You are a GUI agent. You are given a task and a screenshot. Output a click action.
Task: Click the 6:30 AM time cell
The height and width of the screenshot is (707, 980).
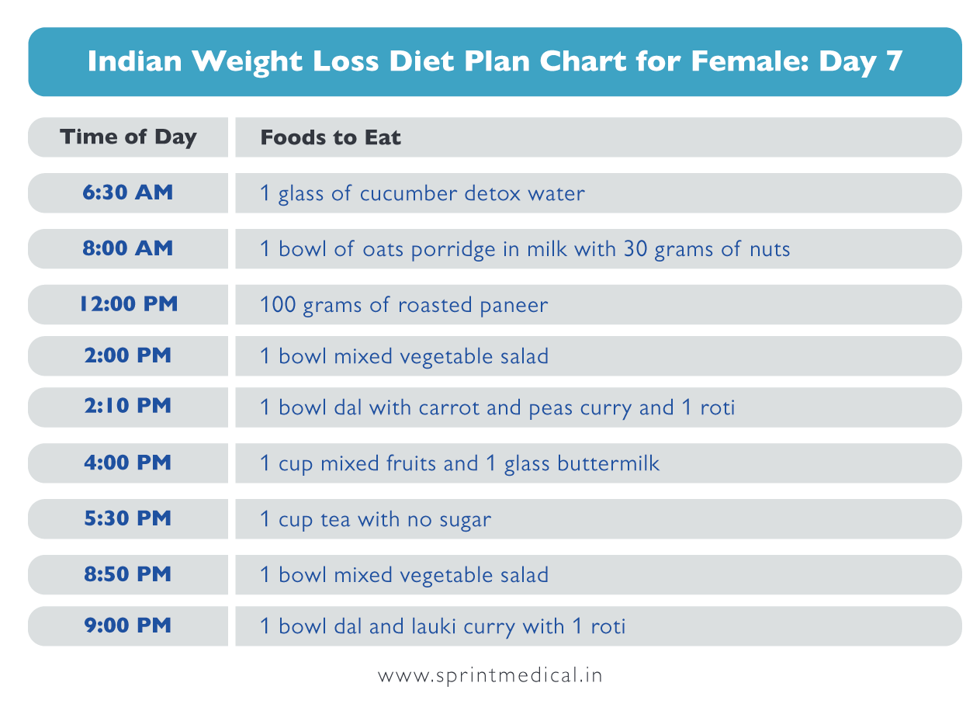click(x=128, y=192)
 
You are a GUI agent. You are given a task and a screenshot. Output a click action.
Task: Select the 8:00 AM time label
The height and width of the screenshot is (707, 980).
click(x=128, y=248)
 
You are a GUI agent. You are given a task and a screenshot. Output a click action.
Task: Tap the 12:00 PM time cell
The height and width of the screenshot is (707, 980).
click(x=128, y=304)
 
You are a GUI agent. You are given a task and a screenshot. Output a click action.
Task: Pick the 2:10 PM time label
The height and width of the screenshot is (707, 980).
click(x=128, y=407)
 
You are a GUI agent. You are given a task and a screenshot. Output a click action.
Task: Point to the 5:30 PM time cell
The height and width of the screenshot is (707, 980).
click(x=128, y=518)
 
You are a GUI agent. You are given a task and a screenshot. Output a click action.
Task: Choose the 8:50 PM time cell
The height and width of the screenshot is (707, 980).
click(x=128, y=574)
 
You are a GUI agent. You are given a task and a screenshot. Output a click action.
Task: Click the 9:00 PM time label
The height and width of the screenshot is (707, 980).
click(x=128, y=626)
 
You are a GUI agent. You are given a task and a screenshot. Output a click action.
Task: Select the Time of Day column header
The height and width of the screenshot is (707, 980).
click(x=128, y=137)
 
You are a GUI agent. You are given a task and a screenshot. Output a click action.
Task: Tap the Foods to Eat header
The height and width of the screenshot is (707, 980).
click(x=331, y=138)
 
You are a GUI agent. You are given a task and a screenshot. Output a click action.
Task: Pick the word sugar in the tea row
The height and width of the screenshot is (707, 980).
click(x=467, y=520)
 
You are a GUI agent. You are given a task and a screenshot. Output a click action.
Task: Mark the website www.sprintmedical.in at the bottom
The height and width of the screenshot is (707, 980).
click(x=490, y=675)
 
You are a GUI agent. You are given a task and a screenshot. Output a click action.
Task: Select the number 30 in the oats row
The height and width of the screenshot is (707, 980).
click(x=635, y=249)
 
